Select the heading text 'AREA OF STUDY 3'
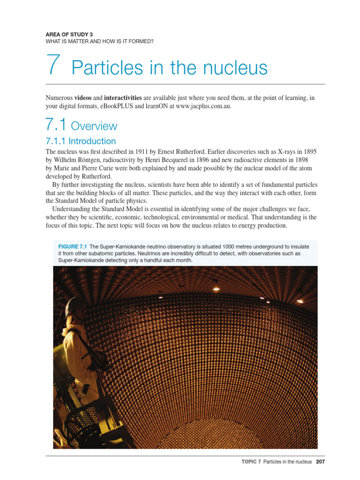69,34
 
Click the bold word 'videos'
83,97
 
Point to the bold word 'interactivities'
123,97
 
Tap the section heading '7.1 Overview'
81,126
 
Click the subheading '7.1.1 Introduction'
81,141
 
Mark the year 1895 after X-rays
308,151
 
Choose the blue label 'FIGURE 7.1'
72,247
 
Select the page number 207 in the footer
320,462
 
